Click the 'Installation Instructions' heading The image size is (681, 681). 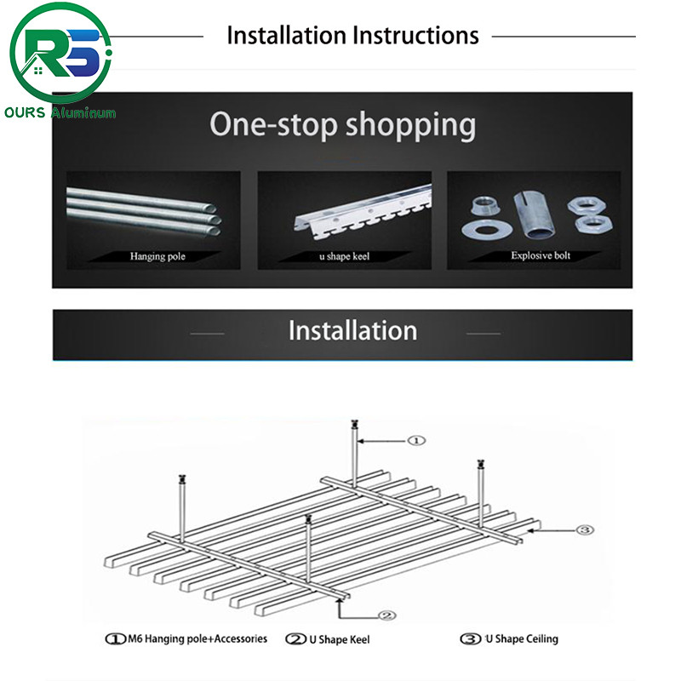click(352, 36)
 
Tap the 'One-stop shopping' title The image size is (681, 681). click(342, 124)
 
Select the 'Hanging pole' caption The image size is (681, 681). click(157, 255)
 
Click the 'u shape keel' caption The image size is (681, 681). click(345, 255)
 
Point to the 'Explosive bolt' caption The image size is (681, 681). click(541, 255)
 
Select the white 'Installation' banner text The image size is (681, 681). click(352, 330)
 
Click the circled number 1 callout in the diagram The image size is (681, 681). click(416, 440)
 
